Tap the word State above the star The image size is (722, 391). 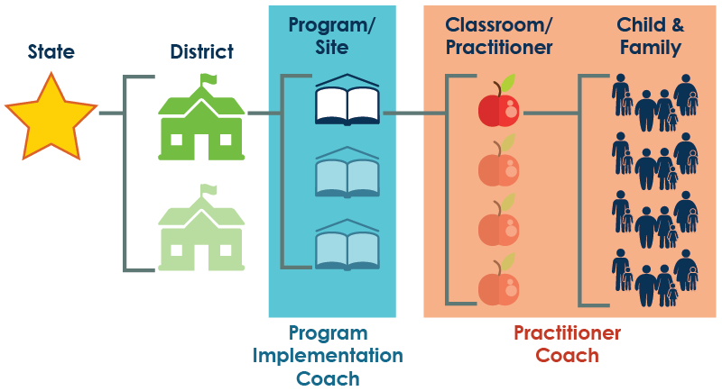tap(51, 52)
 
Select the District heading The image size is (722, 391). tap(201, 52)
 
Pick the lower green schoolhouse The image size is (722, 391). tap(201, 232)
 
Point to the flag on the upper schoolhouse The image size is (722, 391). tap(209, 79)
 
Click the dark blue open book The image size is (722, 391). tap(347, 105)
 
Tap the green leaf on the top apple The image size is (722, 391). tap(509, 82)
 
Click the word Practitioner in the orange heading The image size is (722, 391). tap(499, 47)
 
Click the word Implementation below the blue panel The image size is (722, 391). tap(328, 356)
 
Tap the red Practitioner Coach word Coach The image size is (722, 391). tap(567, 356)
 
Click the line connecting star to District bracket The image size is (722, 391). tap(110, 114)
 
